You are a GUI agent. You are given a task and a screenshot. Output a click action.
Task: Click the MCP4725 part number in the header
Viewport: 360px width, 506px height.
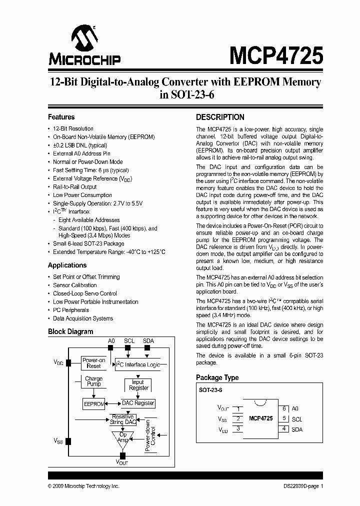tap(276, 54)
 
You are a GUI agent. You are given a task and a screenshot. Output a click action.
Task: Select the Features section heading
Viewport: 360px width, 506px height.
tap(61, 117)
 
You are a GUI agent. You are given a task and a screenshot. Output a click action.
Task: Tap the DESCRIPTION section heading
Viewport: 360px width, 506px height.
tap(220, 117)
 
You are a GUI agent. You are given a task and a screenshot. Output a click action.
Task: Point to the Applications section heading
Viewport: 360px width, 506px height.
tap(67, 265)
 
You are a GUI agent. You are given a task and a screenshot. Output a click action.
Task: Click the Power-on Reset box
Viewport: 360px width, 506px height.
tap(94, 363)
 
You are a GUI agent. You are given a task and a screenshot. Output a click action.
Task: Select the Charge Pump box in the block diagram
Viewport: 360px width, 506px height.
tap(93, 381)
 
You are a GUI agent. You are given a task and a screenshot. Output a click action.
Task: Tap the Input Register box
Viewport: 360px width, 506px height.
tap(138, 385)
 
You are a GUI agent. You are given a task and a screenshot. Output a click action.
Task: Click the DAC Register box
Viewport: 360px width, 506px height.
tap(138, 403)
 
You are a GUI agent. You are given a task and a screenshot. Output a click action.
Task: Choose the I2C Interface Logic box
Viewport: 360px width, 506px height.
tap(137, 365)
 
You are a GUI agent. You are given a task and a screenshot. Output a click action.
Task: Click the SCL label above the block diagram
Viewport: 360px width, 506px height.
tap(129, 340)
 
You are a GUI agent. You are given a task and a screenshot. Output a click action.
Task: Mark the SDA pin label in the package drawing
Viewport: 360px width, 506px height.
tap(297, 429)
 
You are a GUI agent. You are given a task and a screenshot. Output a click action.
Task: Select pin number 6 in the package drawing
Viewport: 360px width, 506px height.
tap(284, 408)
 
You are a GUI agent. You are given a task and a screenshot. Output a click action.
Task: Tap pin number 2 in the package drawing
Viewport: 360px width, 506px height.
tap(238, 418)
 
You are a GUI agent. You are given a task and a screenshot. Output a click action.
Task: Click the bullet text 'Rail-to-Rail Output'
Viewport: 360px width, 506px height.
tap(75, 186)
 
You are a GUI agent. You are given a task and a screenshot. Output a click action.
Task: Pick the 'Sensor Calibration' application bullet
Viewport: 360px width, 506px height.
tap(75, 285)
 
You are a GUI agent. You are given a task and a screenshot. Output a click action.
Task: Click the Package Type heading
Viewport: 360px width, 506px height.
tap(217, 377)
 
